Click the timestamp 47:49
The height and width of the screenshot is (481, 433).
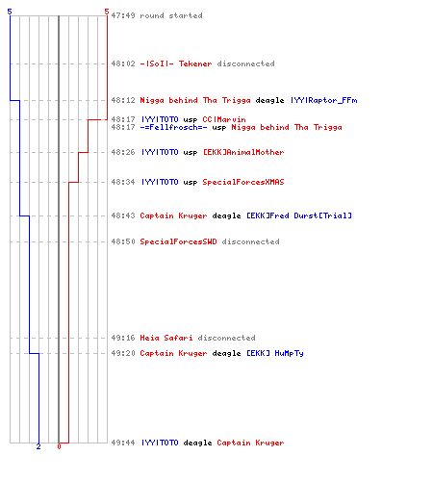pos(123,15)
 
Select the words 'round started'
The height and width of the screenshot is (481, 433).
pos(171,15)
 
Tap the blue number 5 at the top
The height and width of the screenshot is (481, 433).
pos(10,12)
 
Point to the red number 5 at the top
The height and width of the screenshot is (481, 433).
pos(107,12)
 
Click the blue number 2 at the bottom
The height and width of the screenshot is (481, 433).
pos(38,446)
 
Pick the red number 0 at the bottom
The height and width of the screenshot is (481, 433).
pos(59,446)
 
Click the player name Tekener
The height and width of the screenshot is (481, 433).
pos(195,63)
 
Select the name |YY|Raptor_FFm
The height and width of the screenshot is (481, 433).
pos(324,100)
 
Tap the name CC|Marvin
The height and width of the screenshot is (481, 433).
pos(224,119)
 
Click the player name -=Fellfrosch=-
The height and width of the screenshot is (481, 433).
pos(173,127)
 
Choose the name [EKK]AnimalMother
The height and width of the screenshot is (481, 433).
pos(243,152)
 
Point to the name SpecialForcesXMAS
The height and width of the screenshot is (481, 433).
pos(243,182)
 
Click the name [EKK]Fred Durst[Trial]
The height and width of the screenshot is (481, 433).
pos(299,215)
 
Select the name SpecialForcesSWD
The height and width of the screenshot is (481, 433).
pos(178,241)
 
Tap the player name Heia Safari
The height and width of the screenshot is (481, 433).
pos(166,338)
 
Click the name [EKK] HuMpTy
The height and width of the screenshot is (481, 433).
pos(275,353)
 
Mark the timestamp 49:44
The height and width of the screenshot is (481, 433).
pos(123,443)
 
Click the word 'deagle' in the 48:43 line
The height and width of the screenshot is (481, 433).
pos(226,215)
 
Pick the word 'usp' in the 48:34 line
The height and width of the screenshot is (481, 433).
pos(191,183)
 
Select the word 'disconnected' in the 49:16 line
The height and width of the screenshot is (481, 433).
pos(226,338)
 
